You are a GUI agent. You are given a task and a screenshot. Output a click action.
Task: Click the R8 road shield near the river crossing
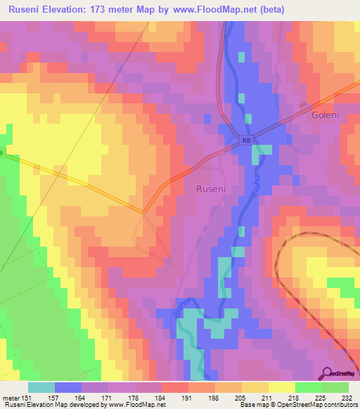point(245,141)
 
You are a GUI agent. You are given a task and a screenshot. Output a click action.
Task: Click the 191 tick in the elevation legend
point(188,397)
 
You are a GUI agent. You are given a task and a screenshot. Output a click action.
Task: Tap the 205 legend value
point(241,397)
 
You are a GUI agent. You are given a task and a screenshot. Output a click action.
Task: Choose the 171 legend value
point(107,397)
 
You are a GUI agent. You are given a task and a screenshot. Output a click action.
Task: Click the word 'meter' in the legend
point(10,397)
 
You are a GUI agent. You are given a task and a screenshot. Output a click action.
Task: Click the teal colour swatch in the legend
point(41,387)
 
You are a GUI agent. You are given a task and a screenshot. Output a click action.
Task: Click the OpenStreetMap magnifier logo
point(328,373)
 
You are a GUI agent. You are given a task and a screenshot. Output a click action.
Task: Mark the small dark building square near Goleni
point(304,105)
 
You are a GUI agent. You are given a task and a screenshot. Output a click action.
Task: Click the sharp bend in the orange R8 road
point(143,210)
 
